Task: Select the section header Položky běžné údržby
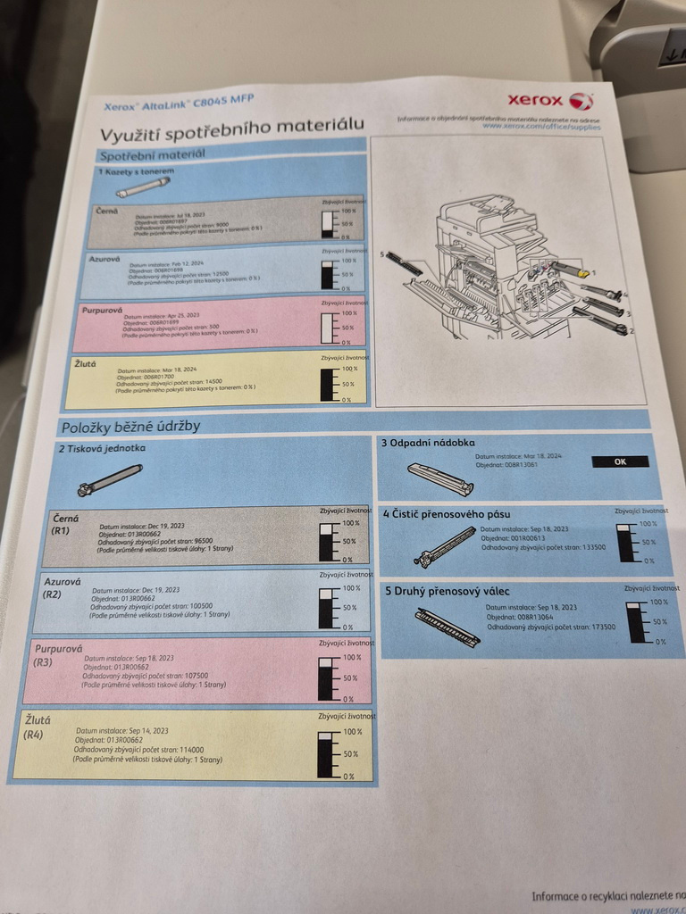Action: (130, 426)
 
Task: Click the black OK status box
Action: (620, 461)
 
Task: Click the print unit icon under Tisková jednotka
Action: (109, 480)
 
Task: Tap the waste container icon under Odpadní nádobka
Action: (439, 479)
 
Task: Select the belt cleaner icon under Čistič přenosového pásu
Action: (445, 546)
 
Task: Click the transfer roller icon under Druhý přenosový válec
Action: (448, 626)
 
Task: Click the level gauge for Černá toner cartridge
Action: (328, 223)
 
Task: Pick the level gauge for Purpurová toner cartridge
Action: (327, 328)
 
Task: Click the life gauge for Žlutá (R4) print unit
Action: (326, 753)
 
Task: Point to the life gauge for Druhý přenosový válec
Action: (636, 622)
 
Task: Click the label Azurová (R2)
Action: (62, 587)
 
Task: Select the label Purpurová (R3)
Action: (56, 655)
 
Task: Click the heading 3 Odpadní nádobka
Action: (428, 443)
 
